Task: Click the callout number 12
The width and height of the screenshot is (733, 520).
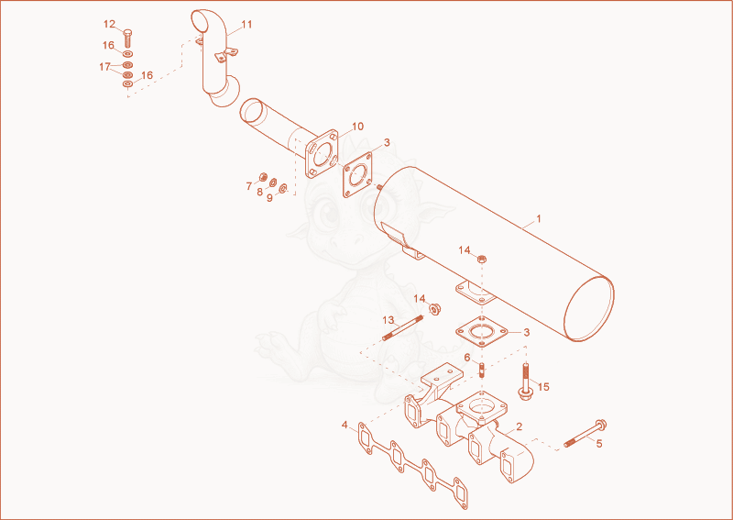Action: click(x=109, y=24)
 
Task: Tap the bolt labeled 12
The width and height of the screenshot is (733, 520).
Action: click(x=128, y=38)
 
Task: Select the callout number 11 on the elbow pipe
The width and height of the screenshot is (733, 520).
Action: click(x=246, y=25)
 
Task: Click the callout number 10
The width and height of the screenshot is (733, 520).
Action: click(x=357, y=127)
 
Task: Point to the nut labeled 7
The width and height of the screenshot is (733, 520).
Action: click(x=263, y=177)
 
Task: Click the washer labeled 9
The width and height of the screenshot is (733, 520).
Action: click(x=283, y=188)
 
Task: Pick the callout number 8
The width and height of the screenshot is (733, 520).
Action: click(x=259, y=192)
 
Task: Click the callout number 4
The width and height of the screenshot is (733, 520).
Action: click(x=345, y=425)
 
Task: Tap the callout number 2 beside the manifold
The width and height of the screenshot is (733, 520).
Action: click(x=519, y=426)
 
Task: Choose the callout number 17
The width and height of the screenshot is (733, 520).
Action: click(x=104, y=67)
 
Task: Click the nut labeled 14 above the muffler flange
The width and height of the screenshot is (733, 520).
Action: click(x=483, y=258)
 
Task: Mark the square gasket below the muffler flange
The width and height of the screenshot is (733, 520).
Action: click(x=482, y=332)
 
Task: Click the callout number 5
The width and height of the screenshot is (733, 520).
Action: click(x=599, y=443)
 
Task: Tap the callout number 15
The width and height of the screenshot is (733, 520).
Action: click(x=543, y=387)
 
